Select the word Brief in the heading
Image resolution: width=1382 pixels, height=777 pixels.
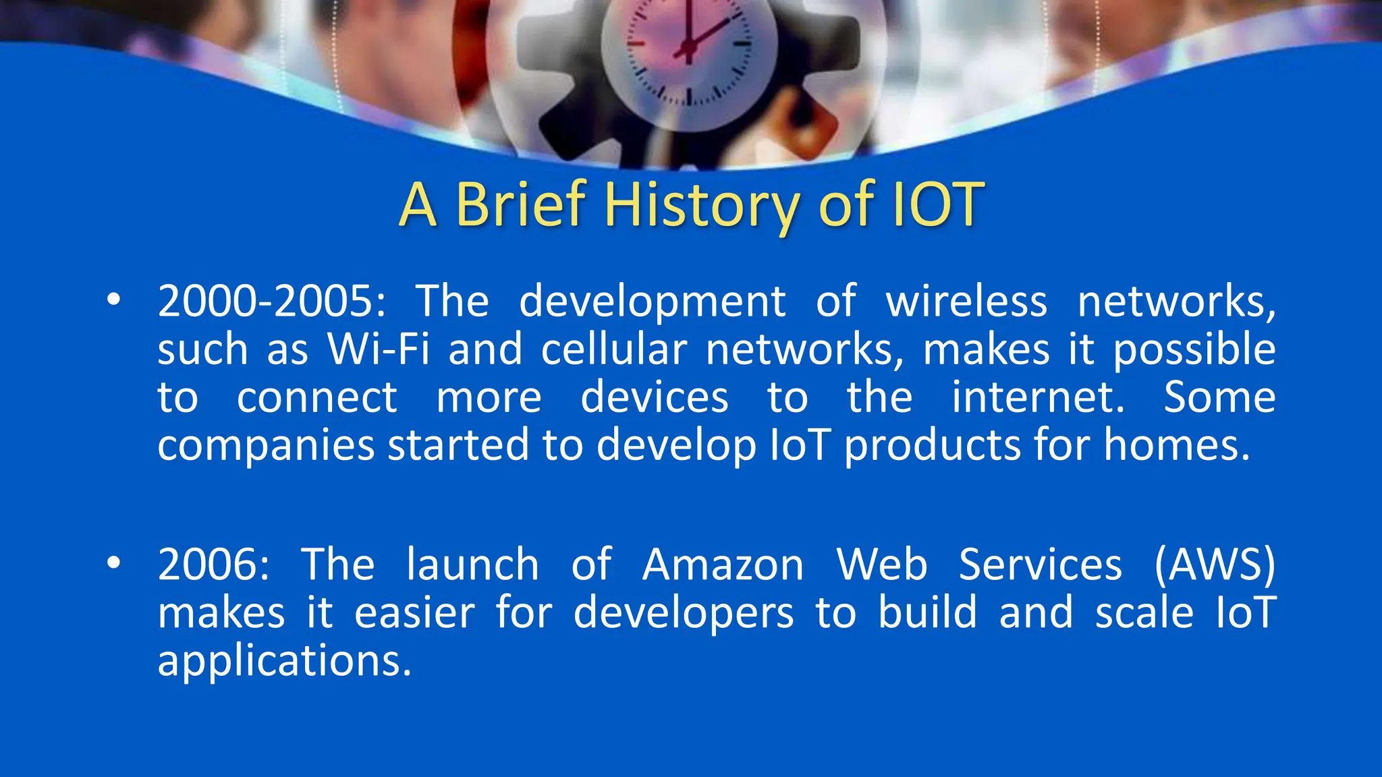(x=520, y=205)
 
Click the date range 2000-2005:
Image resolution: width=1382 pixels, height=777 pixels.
(x=271, y=301)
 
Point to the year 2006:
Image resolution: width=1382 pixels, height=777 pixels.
(x=213, y=565)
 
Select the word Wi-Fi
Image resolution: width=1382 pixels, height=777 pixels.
(x=378, y=349)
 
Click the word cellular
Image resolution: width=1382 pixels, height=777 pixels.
(x=613, y=349)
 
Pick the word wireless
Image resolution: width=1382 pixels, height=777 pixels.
(x=966, y=301)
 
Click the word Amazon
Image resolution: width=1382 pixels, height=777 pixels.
(x=723, y=565)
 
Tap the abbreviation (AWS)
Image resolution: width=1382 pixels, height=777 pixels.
(x=1215, y=565)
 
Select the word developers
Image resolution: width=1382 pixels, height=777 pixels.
(x=684, y=612)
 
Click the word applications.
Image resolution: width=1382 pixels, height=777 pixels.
(x=284, y=661)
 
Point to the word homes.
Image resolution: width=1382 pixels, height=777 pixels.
(x=1177, y=446)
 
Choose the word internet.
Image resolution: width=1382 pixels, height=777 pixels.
(x=1038, y=397)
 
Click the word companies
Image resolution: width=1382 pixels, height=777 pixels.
(x=266, y=446)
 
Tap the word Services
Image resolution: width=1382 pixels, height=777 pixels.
(x=1040, y=565)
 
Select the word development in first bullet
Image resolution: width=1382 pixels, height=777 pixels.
(x=652, y=301)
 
